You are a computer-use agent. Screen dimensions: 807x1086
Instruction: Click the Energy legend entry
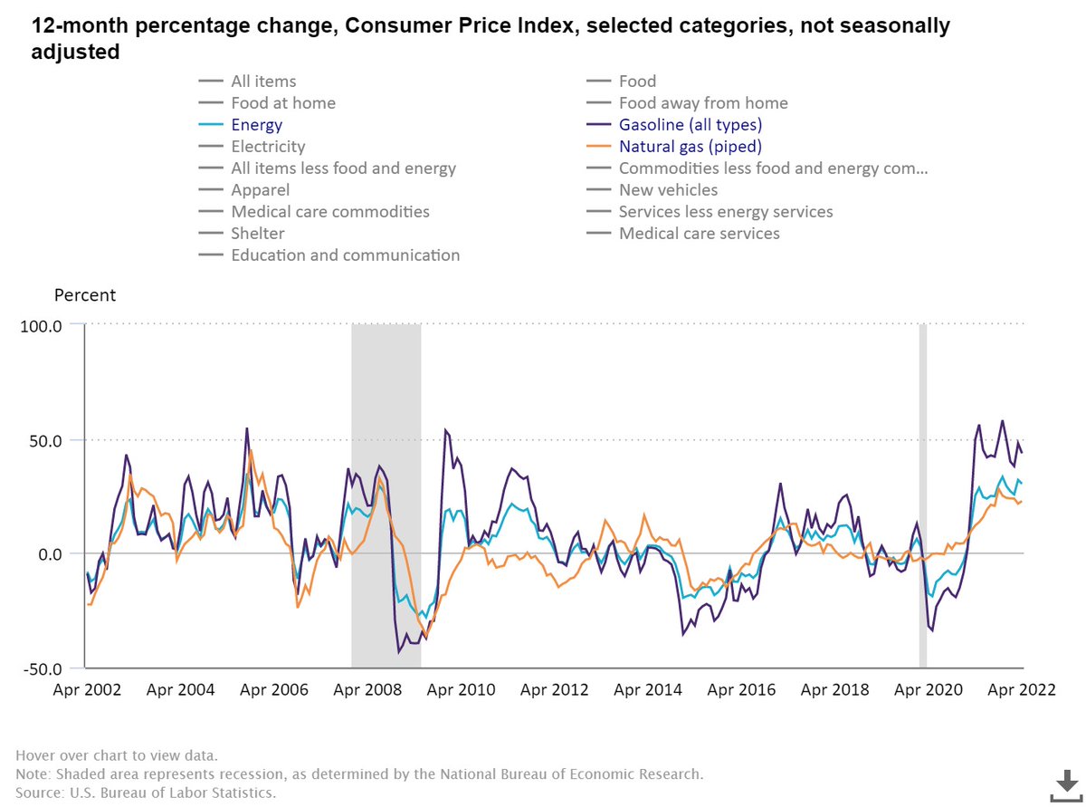coord(256,125)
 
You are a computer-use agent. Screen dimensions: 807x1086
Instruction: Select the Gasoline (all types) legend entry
coord(691,125)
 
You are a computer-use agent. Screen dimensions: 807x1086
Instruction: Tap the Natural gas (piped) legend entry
coord(691,147)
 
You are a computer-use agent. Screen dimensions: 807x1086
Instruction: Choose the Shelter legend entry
coord(258,234)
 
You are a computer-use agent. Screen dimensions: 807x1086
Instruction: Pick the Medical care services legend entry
coord(699,234)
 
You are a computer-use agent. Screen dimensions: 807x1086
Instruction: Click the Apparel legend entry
coord(260,190)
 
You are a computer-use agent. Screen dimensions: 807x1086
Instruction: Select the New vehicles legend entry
coord(668,190)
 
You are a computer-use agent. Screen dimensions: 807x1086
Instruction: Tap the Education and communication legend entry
coord(345,255)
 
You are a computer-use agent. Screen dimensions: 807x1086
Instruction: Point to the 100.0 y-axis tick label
coord(41,324)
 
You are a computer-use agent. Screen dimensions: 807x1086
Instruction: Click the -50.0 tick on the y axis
coord(41,668)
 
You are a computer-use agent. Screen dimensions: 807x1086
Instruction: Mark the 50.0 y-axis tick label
coord(43,440)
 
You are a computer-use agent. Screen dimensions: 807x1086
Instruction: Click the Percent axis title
coord(85,295)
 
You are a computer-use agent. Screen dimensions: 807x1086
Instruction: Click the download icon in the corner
coord(1063,783)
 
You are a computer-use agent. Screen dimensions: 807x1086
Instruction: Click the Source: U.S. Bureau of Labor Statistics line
coord(146,792)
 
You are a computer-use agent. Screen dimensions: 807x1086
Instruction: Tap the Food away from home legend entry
coord(703,103)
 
